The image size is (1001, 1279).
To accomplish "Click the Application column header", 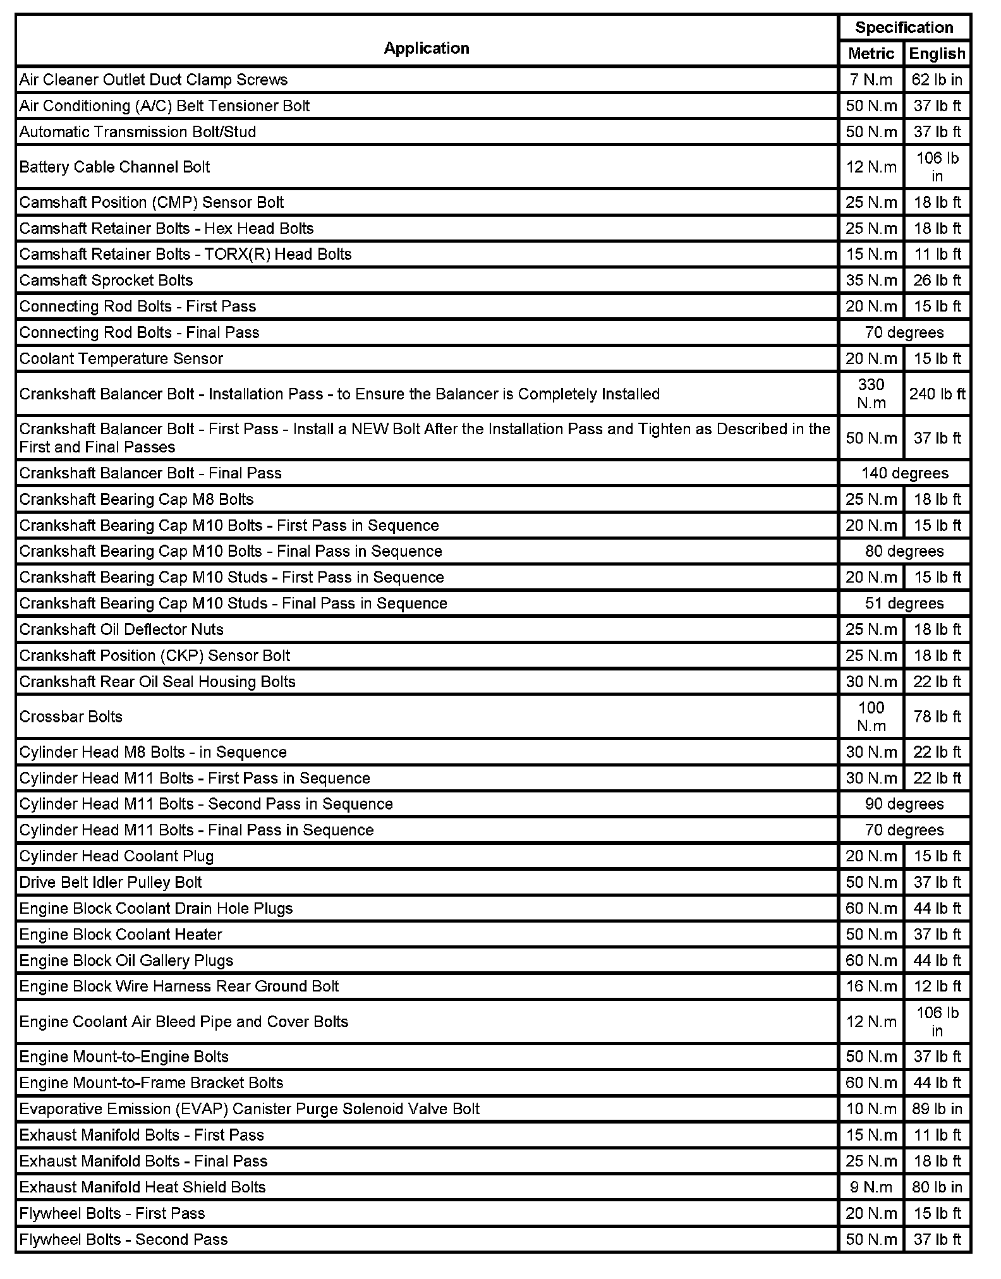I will pyautogui.click(x=427, y=49).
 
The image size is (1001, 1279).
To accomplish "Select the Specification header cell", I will pyautogui.click(x=904, y=28).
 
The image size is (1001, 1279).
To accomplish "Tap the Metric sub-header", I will pyautogui.click(x=871, y=54).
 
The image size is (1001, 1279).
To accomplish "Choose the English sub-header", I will pyautogui.click(x=937, y=54).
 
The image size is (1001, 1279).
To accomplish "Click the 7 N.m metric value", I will pyautogui.click(x=871, y=80).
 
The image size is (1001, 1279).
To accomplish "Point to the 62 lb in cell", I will pyautogui.click(x=937, y=80).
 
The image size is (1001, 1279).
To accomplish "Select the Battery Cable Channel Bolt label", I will pyautogui.click(x=114, y=167).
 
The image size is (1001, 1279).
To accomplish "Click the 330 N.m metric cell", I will pyautogui.click(x=871, y=394).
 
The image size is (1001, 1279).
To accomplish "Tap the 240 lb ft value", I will pyautogui.click(x=937, y=394).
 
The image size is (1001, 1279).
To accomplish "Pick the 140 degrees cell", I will pyautogui.click(x=904, y=473).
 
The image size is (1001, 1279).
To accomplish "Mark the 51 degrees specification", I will pyautogui.click(x=904, y=603).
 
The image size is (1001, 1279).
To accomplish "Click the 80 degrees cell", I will pyautogui.click(x=904, y=551).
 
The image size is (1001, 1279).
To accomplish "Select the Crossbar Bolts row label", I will pyautogui.click(x=71, y=717).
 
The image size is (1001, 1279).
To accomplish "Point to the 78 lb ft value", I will pyautogui.click(x=937, y=717).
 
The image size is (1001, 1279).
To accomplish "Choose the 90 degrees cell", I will pyautogui.click(x=904, y=804).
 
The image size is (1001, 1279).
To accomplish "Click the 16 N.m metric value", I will pyautogui.click(x=871, y=986).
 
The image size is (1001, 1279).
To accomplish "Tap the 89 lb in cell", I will pyautogui.click(x=937, y=1109).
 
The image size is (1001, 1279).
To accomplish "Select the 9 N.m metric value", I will pyautogui.click(x=871, y=1187).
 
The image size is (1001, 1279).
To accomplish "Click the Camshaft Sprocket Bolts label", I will pyautogui.click(x=106, y=280).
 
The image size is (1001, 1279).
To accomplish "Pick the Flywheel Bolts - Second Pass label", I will pyautogui.click(x=123, y=1239).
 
